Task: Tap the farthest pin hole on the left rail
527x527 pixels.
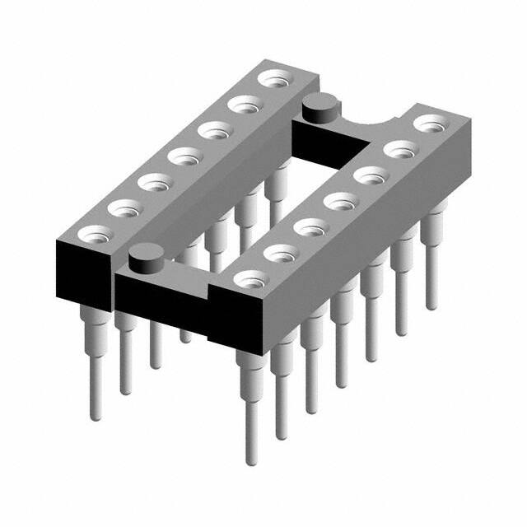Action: pos(271,80)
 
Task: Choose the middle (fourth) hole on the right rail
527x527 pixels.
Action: pos(339,201)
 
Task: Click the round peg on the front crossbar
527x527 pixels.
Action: pos(146,263)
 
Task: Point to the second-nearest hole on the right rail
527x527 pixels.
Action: pos(280,252)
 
